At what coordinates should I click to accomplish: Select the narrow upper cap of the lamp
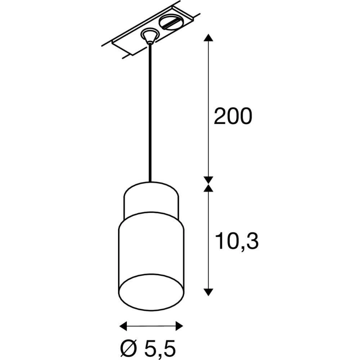pyautogui.click(x=151, y=200)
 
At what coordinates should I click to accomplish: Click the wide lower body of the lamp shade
pyautogui.click(x=151, y=248)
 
